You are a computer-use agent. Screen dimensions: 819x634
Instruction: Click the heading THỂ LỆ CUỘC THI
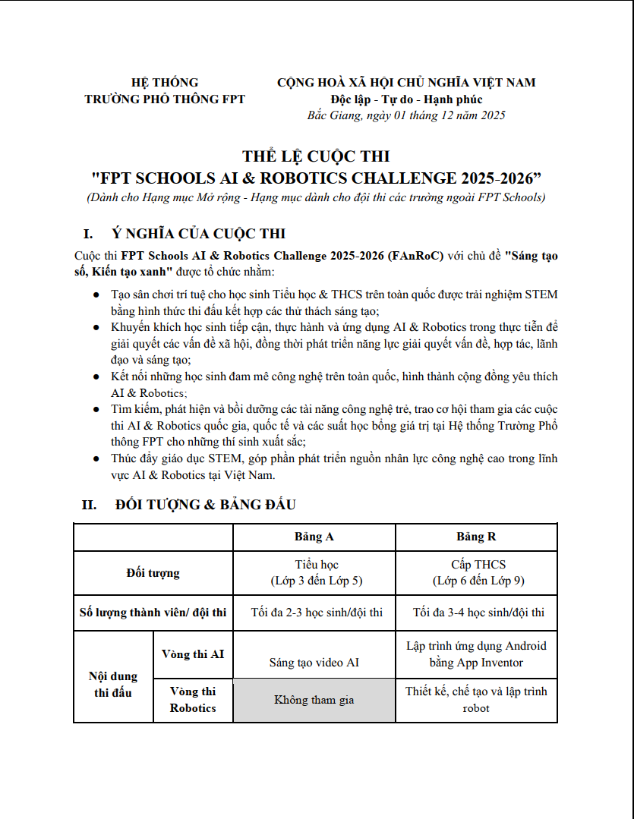(x=316, y=156)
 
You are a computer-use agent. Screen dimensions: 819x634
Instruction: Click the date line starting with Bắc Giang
(x=406, y=115)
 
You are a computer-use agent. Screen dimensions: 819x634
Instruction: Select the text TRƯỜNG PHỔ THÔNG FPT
(x=165, y=99)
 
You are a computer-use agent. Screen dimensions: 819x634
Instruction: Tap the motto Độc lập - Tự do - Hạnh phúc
(x=406, y=99)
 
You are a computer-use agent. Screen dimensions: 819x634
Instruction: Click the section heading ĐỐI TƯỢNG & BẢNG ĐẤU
(x=205, y=504)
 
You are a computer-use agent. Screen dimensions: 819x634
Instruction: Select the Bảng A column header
(x=314, y=537)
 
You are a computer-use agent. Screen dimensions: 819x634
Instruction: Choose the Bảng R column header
(x=476, y=537)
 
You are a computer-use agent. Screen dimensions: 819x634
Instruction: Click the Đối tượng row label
(x=153, y=572)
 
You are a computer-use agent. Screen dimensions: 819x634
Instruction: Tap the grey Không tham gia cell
(x=314, y=700)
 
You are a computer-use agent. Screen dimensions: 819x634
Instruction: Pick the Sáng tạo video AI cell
(x=314, y=663)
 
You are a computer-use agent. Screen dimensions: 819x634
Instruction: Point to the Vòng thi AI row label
(x=193, y=654)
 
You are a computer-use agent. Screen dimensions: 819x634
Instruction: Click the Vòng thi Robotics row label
(x=193, y=700)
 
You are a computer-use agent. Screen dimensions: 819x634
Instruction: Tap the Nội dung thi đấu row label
(x=114, y=684)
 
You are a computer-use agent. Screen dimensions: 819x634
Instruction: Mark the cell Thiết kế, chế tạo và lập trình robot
(x=476, y=700)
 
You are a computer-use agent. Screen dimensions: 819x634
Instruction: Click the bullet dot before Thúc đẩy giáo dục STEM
(x=95, y=458)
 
